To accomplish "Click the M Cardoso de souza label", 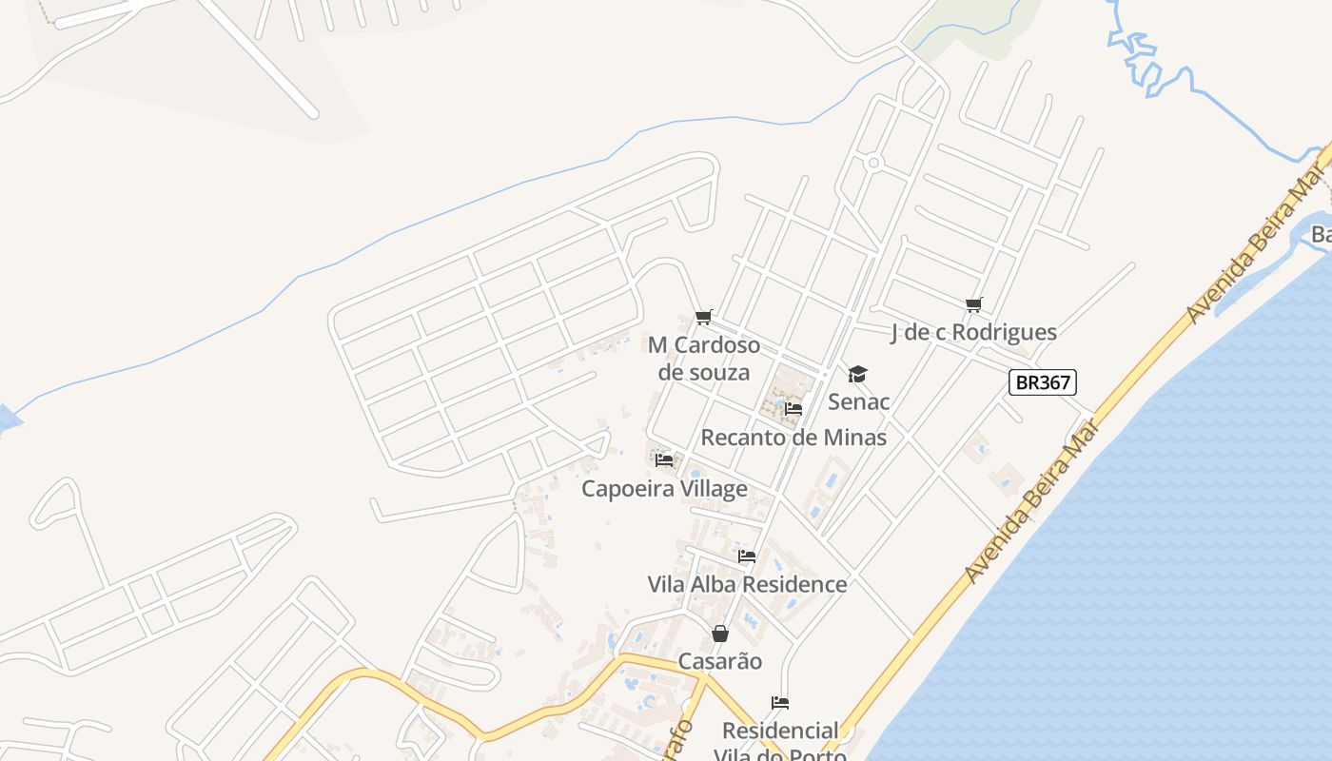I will pos(703,358).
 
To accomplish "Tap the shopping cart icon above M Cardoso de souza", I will pos(703,317).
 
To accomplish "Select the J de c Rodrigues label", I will pos(973,332).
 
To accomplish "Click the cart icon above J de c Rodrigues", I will pos(973,305).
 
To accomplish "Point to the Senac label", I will pos(858,401).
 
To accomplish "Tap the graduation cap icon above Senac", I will pos(858,374).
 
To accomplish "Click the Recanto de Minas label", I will pos(793,438).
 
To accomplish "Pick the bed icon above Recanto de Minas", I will pos(793,409).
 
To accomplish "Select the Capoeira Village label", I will pos(664,489).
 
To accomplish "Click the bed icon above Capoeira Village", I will pos(664,460).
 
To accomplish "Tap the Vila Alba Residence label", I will pos(747,584).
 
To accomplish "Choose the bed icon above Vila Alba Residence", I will pos(747,556).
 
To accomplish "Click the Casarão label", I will pos(720,661).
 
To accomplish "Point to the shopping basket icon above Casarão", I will pos(720,634).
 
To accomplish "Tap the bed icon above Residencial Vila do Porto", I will pos(780,703).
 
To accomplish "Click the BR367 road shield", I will pos(1042,382).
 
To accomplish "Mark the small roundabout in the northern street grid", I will pos(873,163).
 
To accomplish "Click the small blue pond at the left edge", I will pos(8,420).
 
